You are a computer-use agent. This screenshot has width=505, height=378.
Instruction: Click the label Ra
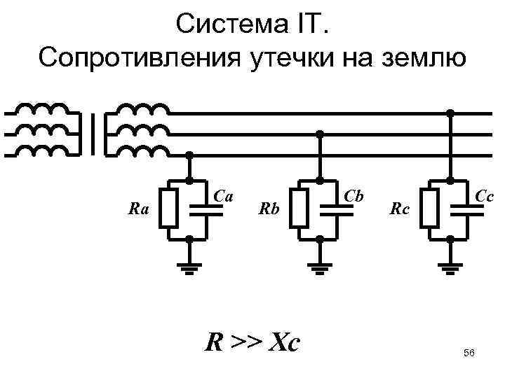[x=139, y=208]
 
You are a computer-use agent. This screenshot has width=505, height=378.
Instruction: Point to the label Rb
[x=269, y=208]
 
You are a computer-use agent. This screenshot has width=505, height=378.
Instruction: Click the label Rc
[x=400, y=208]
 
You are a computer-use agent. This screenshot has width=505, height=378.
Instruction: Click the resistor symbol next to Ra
[x=168, y=209]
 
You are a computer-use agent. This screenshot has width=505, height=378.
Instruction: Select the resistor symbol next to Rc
[x=429, y=209]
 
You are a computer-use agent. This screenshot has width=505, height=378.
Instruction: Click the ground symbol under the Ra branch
[x=189, y=267]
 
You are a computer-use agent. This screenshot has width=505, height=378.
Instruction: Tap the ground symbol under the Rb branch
[x=320, y=267]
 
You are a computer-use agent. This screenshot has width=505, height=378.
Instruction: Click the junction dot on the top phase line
[x=450, y=113]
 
